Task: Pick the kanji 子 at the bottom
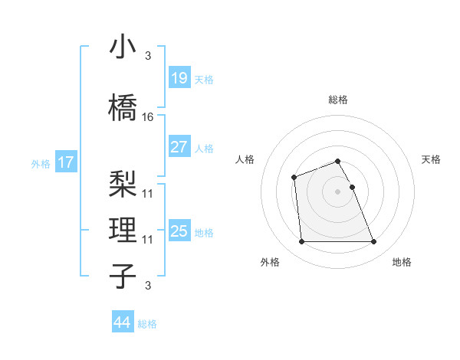click(x=123, y=276)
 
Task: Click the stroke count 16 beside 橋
click(x=148, y=116)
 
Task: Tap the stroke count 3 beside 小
click(x=147, y=56)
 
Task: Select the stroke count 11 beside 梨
click(x=148, y=193)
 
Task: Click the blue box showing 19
click(x=179, y=77)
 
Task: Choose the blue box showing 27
click(x=179, y=147)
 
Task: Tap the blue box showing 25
click(x=179, y=231)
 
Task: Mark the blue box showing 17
click(x=65, y=162)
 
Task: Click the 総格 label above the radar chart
click(x=337, y=100)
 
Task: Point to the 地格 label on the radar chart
click(x=402, y=262)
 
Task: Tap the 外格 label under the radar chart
click(x=270, y=262)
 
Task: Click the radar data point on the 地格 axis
click(x=374, y=242)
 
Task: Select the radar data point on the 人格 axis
click(x=294, y=178)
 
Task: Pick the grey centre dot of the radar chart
click(x=337, y=191)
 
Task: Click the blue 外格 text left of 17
click(x=41, y=163)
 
